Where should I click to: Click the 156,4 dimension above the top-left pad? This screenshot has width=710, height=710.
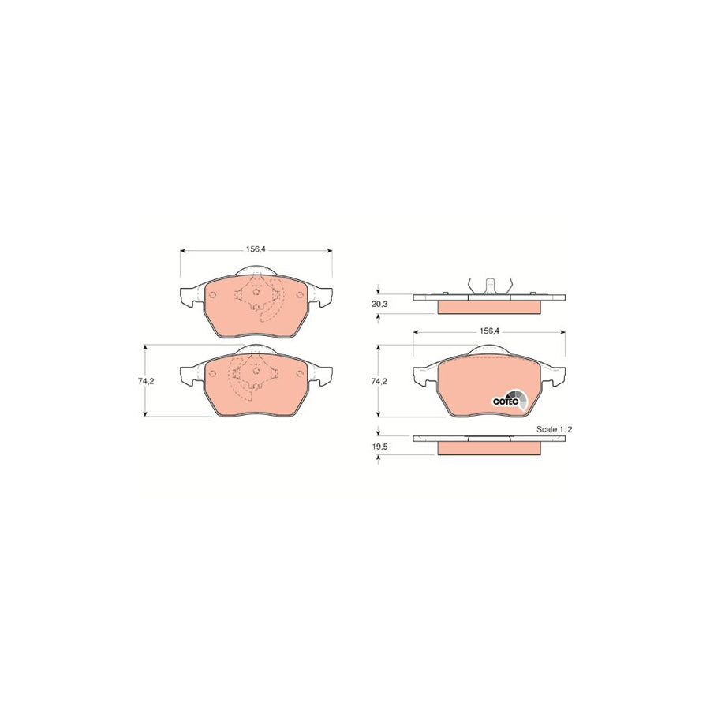[256, 248]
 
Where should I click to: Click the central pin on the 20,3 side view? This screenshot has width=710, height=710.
[488, 285]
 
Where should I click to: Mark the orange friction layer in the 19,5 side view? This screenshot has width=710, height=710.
[488, 448]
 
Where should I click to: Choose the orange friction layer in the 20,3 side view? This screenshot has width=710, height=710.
[488, 306]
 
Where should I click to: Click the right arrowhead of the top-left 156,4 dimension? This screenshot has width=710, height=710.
[330, 252]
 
